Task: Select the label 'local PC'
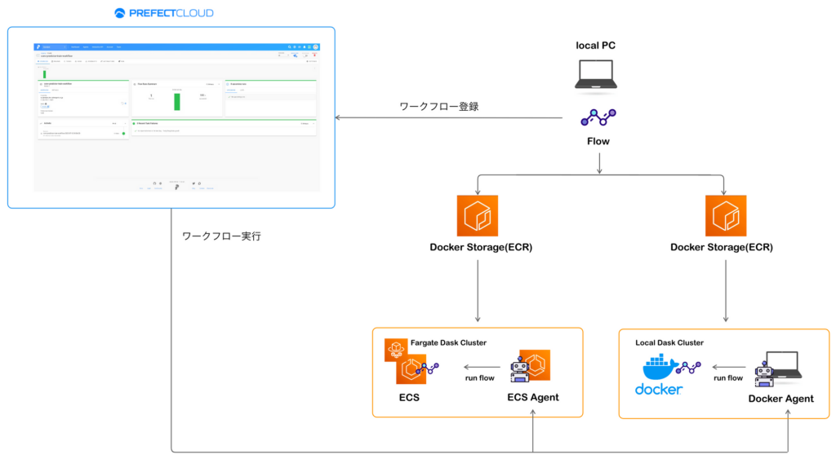596,46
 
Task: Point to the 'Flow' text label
598,141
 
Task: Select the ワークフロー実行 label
221,236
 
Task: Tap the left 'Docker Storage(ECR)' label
481,247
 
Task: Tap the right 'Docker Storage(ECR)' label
721,247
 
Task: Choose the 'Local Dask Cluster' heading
669,342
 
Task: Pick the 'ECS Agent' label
532,397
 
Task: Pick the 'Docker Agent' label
780,399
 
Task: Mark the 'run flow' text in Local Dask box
727,378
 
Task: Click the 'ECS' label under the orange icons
410,397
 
